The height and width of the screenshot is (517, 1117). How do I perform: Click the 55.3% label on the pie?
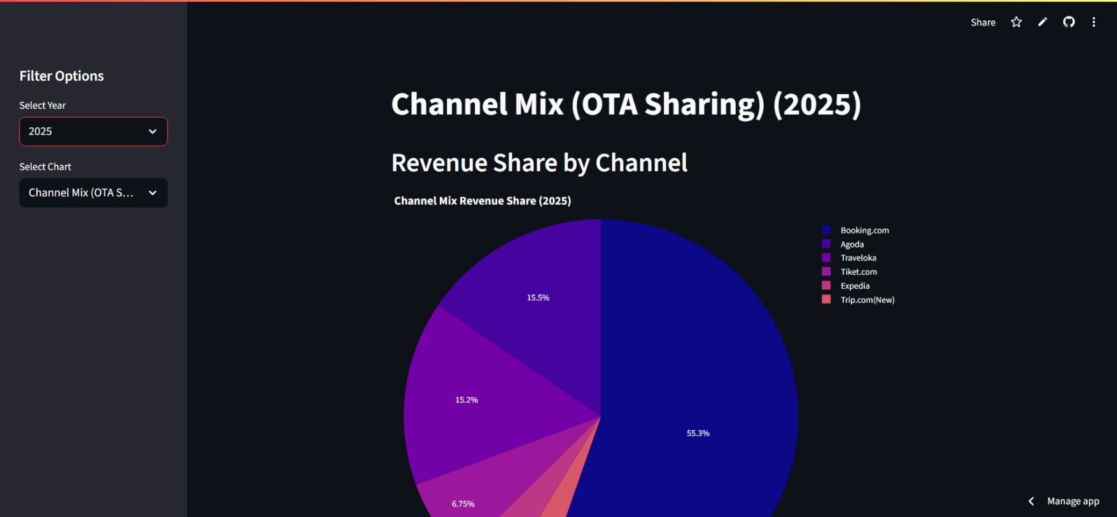pyautogui.click(x=698, y=433)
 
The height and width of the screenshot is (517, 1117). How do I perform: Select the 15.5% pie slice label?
pyautogui.click(x=538, y=298)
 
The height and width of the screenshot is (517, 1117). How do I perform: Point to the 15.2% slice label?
pyautogui.click(x=467, y=400)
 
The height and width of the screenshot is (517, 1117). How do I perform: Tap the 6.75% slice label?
pyautogui.click(x=463, y=504)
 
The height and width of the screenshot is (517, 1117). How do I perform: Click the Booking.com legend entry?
pyautogui.click(x=864, y=230)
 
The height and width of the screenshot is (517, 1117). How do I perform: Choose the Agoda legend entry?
pyautogui.click(x=852, y=244)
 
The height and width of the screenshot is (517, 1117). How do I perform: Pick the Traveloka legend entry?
pyautogui.click(x=858, y=258)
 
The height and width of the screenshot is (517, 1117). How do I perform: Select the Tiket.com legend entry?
pyautogui.click(x=858, y=272)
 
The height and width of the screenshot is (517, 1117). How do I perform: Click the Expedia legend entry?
pyautogui.click(x=854, y=286)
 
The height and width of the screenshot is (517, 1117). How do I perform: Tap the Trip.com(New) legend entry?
pyautogui.click(x=867, y=300)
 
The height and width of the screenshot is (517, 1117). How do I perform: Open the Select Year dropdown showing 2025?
pyautogui.click(x=94, y=132)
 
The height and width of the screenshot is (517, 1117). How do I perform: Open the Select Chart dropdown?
pyautogui.click(x=94, y=193)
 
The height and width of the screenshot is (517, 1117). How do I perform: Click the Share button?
pyautogui.click(x=983, y=22)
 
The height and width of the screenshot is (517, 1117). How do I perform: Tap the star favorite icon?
pyautogui.click(x=1016, y=22)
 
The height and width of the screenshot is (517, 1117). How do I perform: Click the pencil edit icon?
pyautogui.click(x=1043, y=22)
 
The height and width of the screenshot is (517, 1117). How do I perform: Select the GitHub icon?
pyautogui.click(x=1069, y=22)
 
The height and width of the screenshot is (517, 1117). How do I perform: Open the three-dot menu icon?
pyautogui.click(x=1093, y=22)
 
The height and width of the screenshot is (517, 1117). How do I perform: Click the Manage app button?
pyautogui.click(x=1072, y=501)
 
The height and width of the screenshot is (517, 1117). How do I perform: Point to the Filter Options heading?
pyautogui.click(x=62, y=76)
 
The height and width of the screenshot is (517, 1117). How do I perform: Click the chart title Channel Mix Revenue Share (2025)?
pyautogui.click(x=482, y=201)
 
